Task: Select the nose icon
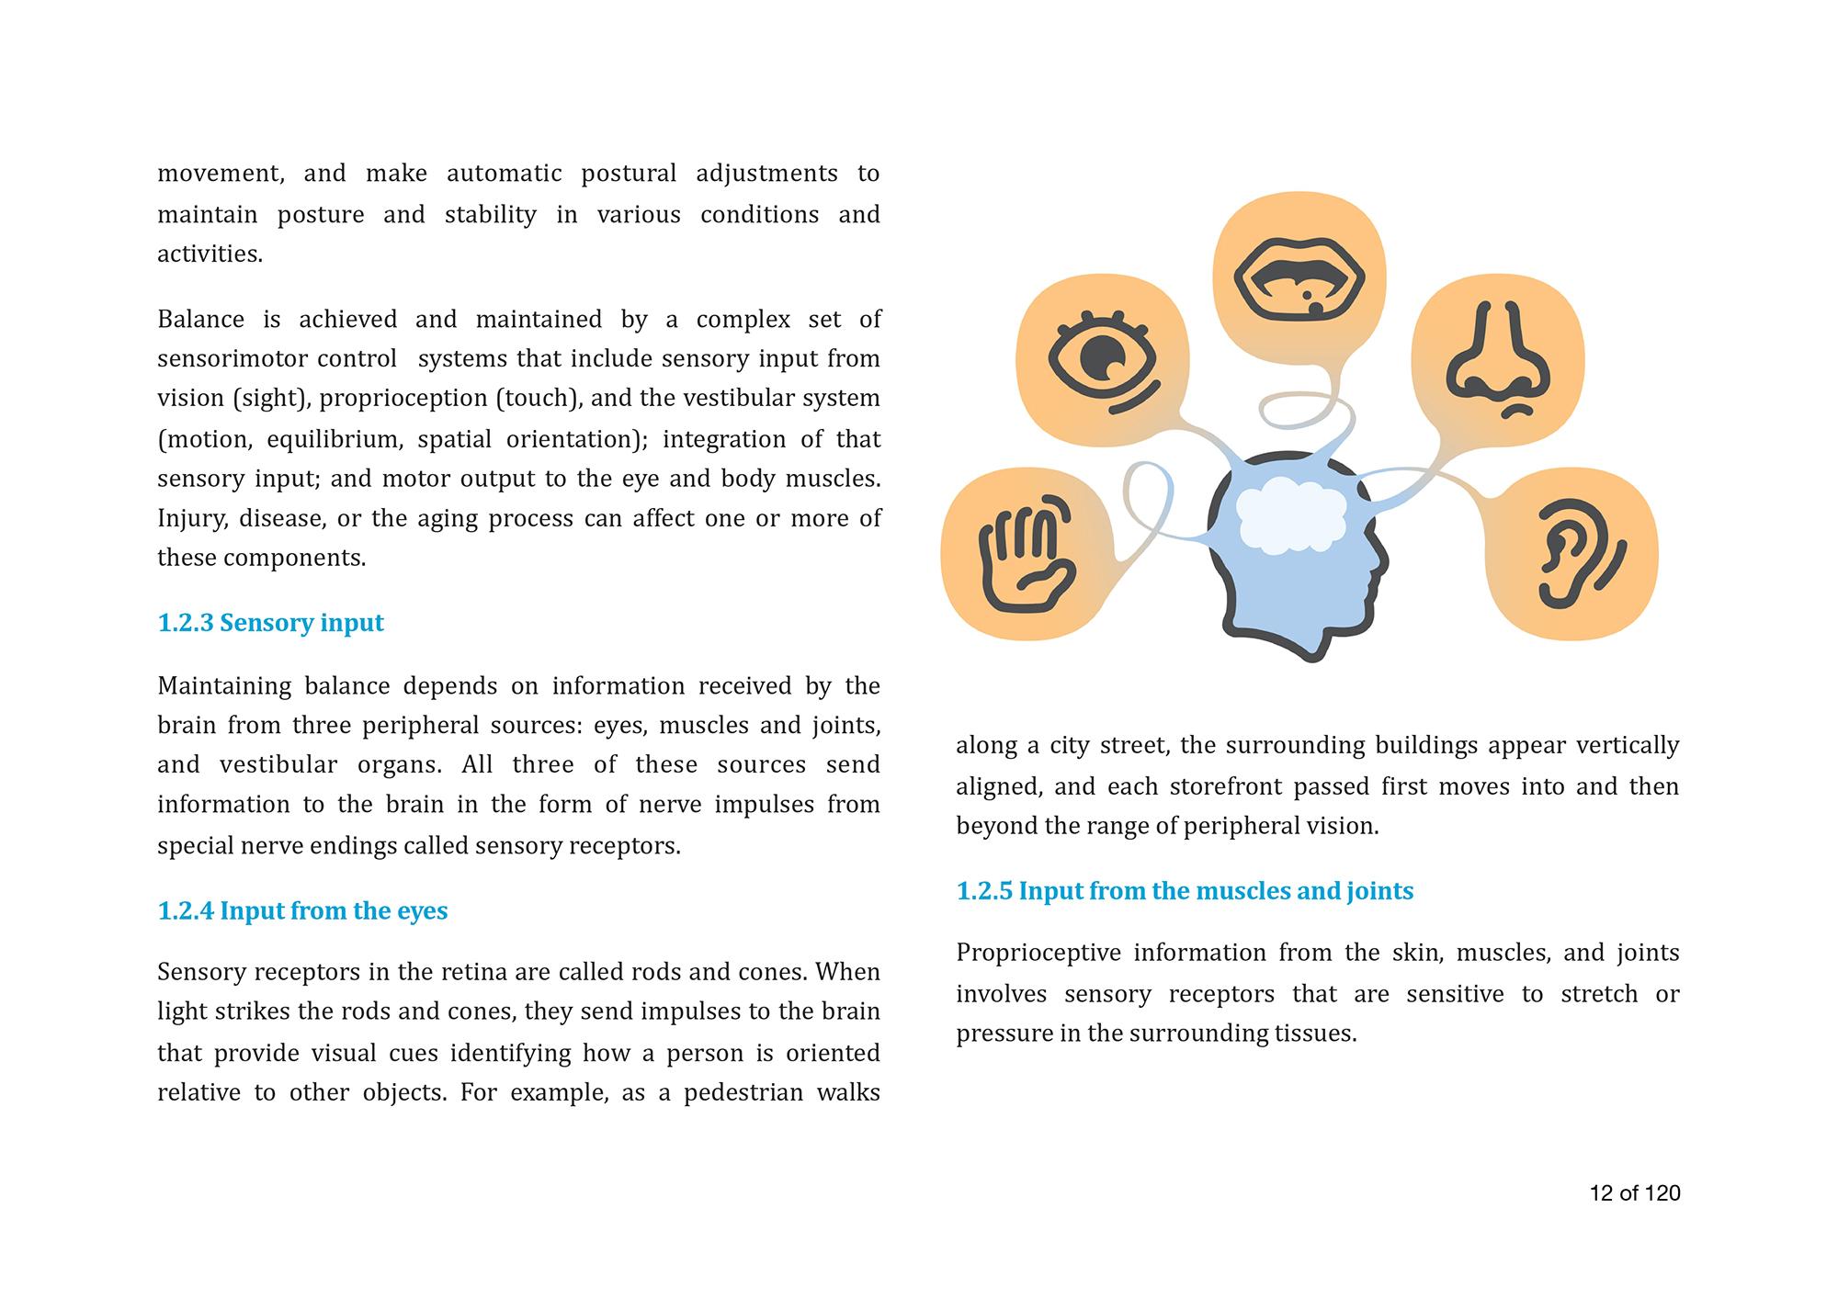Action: pyautogui.click(x=1498, y=359)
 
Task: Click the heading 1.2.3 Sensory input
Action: pyautogui.click(x=270, y=623)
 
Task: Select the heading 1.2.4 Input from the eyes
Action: pyautogui.click(x=302, y=910)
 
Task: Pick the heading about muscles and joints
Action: pyautogui.click(x=1185, y=890)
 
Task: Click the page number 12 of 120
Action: pyautogui.click(x=1635, y=1192)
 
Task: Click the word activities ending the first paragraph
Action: pyautogui.click(x=210, y=254)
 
